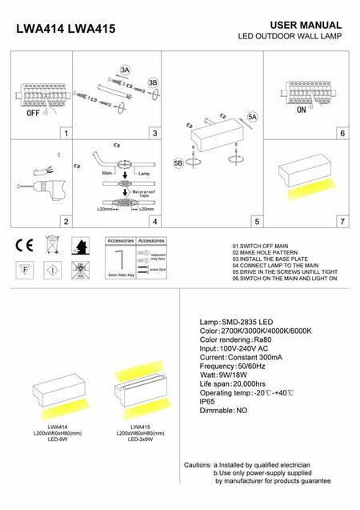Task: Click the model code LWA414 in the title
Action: tap(40, 29)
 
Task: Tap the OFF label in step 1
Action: tap(33, 114)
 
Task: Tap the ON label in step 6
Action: tap(302, 110)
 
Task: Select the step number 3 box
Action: tap(154, 134)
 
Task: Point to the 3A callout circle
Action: tap(125, 70)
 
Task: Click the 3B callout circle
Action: tap(153, 82)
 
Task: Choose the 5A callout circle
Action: tap(252, 117)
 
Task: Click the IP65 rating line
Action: tap(210, 402)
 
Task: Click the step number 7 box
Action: tap(342, 221)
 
